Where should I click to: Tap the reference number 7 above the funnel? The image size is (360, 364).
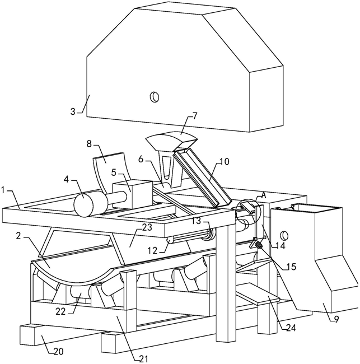pyautogui.click(x=194, y=116)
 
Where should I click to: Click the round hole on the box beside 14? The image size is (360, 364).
pyautogui.click(x=283, y=235)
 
